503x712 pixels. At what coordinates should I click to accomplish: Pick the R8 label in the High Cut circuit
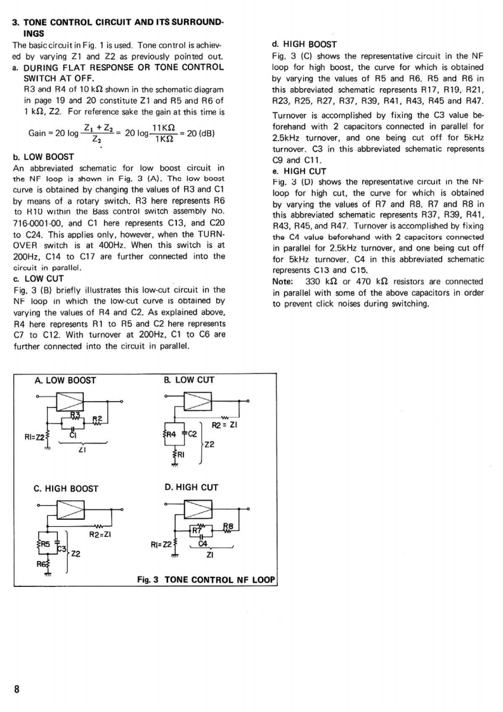(x=228, y=526)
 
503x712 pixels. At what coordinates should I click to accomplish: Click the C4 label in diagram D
(x=203, y=544)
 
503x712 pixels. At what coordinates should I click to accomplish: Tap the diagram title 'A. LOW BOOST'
(x=65, y=381)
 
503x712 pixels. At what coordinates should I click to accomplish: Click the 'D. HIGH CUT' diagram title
(x=191, y=487)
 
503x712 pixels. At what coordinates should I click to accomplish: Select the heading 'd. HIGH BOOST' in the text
(x=304, y=44)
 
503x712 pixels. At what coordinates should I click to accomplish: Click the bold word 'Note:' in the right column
(x=282, y=281)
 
